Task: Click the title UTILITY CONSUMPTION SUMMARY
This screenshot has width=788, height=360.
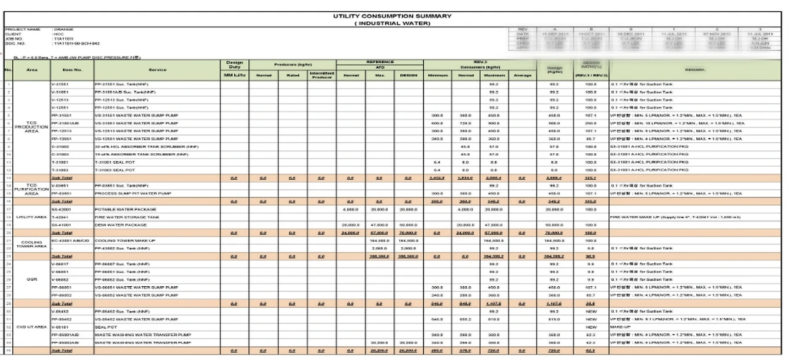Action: coord(393,16)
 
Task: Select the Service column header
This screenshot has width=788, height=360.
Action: coord(158,70)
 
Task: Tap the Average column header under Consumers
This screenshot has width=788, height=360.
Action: coord(522,75)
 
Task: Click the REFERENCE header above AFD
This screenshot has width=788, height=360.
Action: coord(378,62)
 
